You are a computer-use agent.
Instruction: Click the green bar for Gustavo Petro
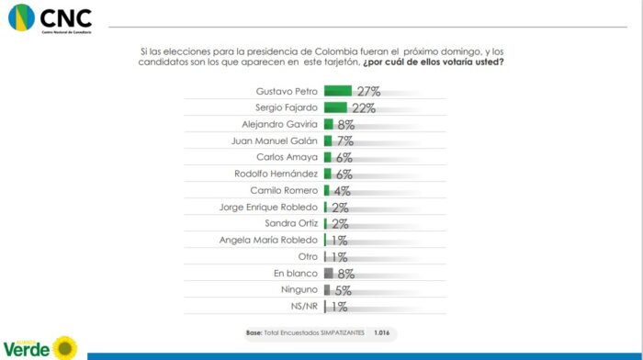point(337,91)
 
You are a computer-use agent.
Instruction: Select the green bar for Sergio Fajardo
point(335,107)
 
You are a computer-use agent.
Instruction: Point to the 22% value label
point(363,108)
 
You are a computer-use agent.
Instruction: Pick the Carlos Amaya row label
point(293,157)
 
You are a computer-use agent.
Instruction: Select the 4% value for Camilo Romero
point(343,191)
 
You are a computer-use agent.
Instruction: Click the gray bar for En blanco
point(327,274)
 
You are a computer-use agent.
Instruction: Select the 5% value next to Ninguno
point(344,290)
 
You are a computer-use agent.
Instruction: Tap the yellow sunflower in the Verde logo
point(64,347)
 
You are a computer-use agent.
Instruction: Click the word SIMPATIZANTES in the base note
point(340,332)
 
